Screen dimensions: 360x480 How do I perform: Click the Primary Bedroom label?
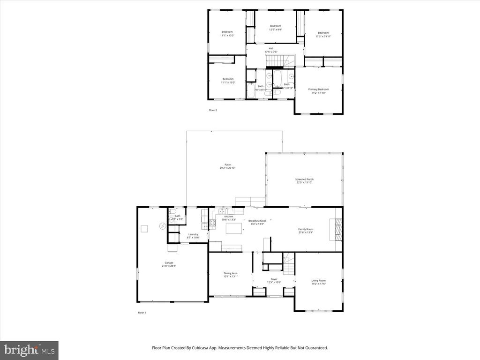318,89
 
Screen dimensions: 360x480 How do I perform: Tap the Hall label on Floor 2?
271,48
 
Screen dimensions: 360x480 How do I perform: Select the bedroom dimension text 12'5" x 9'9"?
275,30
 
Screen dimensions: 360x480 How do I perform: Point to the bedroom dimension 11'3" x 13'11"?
323,36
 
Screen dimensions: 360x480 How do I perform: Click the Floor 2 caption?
213,110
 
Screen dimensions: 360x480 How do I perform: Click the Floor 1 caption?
142,313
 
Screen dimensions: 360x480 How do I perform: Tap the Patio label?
227,165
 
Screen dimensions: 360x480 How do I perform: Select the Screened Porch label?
304,179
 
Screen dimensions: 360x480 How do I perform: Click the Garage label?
169,262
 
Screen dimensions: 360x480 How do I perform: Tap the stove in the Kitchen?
211,224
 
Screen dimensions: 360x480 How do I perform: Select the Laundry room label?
193,234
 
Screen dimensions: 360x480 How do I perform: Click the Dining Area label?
231,273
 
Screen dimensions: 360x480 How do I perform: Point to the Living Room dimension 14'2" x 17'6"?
318,284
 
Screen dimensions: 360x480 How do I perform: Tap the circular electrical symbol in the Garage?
162,226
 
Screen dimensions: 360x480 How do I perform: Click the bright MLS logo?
29,350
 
